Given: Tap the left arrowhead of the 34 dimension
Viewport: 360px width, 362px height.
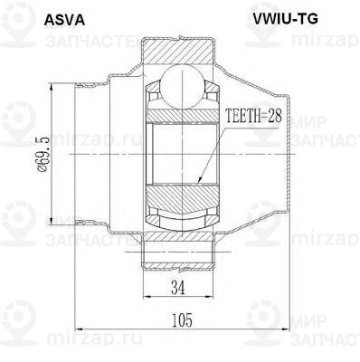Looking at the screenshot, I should [x=145, y=301].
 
